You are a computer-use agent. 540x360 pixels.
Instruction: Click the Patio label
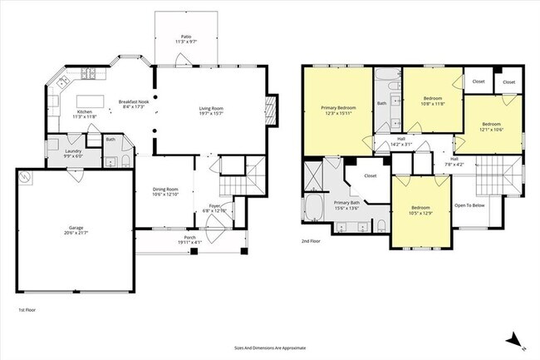[187, 40]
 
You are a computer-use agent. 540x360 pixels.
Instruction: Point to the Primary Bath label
[347, 205]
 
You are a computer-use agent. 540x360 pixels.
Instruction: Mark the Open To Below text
[471, 205]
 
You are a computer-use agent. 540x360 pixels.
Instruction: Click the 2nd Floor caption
[311, 242]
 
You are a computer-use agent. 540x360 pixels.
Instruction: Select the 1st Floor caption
[28, 309]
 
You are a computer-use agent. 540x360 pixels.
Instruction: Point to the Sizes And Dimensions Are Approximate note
[270, 348]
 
